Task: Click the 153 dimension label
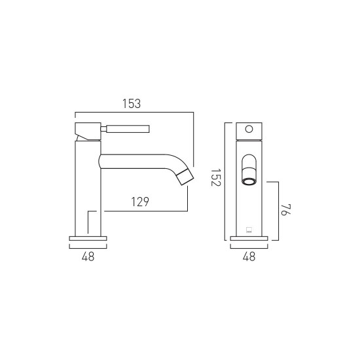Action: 132,103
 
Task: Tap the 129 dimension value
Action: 140,202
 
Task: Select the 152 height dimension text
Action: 215,177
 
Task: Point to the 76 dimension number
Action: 286,209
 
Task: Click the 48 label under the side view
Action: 88,257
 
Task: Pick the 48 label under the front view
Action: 249,257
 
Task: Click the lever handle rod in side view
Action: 128,129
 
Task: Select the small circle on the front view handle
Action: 249,129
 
